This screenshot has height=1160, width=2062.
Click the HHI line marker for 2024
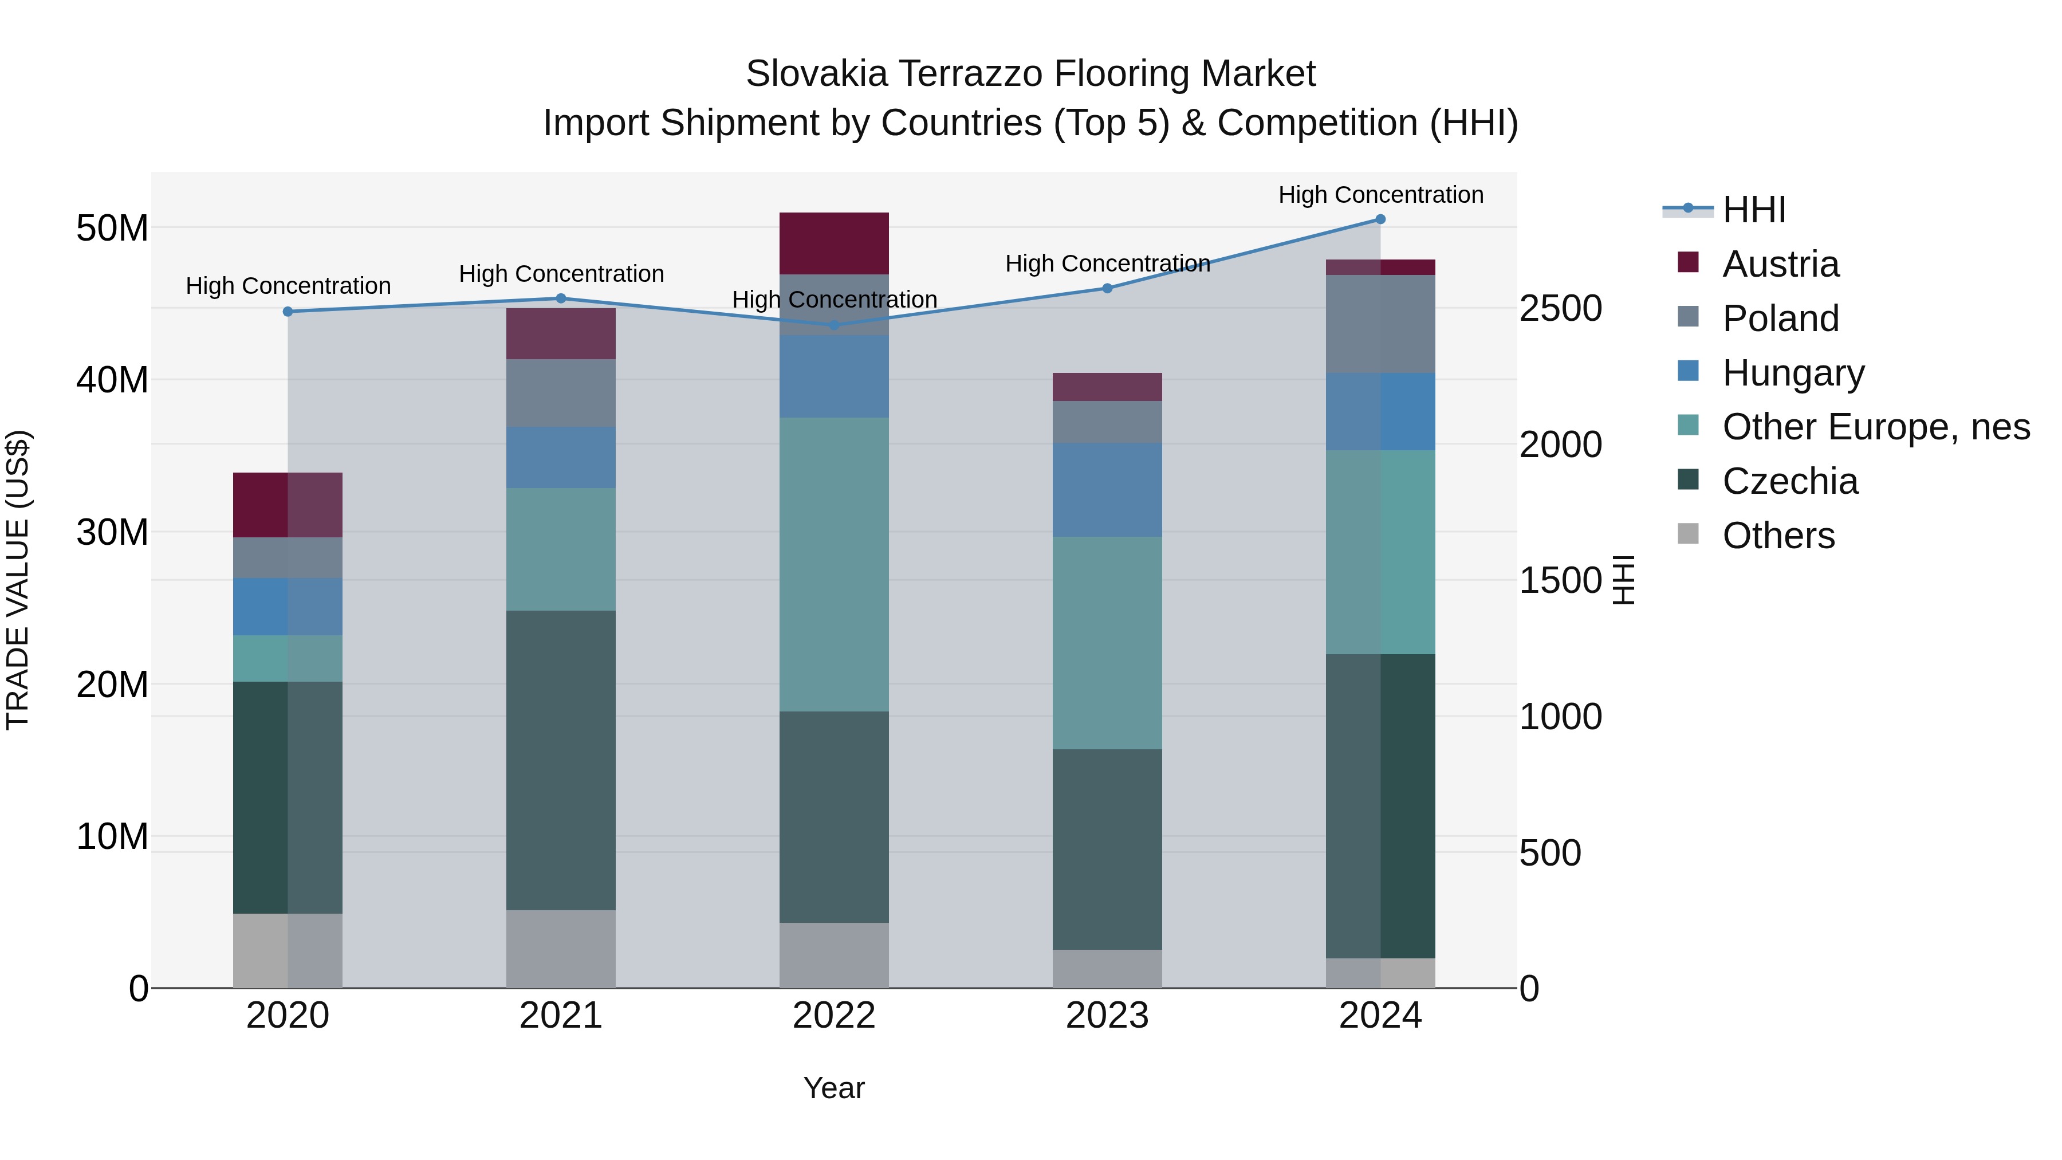tap(1380, 219)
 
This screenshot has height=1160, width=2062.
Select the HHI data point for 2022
tap(834, 325)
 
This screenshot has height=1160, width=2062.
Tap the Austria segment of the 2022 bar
tap(834, 243)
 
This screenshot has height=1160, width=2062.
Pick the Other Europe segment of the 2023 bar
tap(1107, 643)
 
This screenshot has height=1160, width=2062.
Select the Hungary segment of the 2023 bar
tap(1107, 490)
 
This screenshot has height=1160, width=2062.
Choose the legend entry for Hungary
tap(1793, 373)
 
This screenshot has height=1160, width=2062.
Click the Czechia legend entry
tap(1790, 481)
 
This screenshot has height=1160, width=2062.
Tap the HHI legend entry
tap(1753, 210)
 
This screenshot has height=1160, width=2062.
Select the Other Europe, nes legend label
tap(1875, 427)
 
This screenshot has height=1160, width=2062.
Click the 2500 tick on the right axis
tap(1560, 308)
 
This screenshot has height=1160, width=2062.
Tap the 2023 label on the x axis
tap(1107, 1016)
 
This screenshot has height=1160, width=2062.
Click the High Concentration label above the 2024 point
tap(1380, 195)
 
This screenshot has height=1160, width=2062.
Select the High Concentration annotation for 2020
tap(288, 286)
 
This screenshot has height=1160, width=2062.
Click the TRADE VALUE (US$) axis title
tap(18, 580)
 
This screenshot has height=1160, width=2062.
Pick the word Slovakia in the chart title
tap(816, 74)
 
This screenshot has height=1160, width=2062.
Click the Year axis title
tap(834, 1088)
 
